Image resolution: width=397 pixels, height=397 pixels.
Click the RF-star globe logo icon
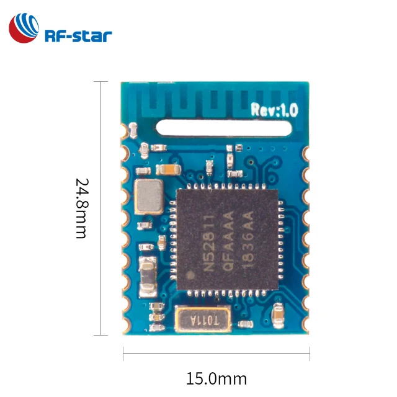(24, 29)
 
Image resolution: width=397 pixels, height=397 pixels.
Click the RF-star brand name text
(78, 35)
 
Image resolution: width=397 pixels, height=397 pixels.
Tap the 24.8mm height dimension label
(81, 208)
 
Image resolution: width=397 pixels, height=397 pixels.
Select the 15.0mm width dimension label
(216, 378)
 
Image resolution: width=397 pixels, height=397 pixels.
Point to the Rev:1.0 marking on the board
(275, 110)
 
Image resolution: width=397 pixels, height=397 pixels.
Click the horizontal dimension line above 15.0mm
(216, 357)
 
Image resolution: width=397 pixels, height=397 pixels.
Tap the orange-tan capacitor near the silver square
(168, 168)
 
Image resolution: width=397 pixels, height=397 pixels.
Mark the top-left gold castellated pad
(132, 130)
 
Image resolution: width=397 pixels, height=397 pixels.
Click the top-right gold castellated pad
(305, 151)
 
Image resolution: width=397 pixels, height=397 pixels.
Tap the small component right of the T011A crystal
(246, 324)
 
